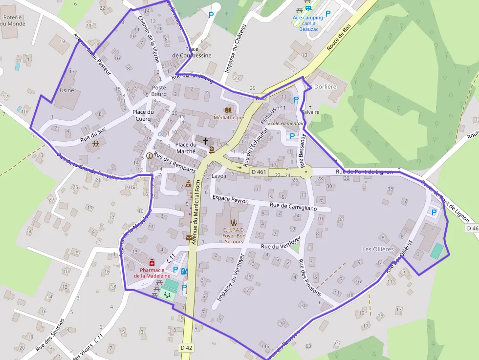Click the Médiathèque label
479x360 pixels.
point(229,117)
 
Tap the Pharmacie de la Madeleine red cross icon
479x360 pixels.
point(152,262)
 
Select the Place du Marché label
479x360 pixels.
point(186,148)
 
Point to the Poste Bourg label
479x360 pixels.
point(159,91)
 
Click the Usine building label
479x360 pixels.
point(66,90)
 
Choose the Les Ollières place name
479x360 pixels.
point(378,249)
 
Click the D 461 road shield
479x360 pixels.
point(259,172)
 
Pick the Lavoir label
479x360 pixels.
point(219,176)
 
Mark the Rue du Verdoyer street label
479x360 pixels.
point(281,247)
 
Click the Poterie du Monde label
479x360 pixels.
point(13,20)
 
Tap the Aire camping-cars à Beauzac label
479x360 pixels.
point(308,23)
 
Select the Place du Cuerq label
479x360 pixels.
point(143,115)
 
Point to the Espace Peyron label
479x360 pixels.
point(231,201)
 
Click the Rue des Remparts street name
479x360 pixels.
point(174,163)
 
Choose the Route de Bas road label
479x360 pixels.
point(340,39)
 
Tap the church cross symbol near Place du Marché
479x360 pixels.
point(206,141)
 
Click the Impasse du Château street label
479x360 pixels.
point(233,49)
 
